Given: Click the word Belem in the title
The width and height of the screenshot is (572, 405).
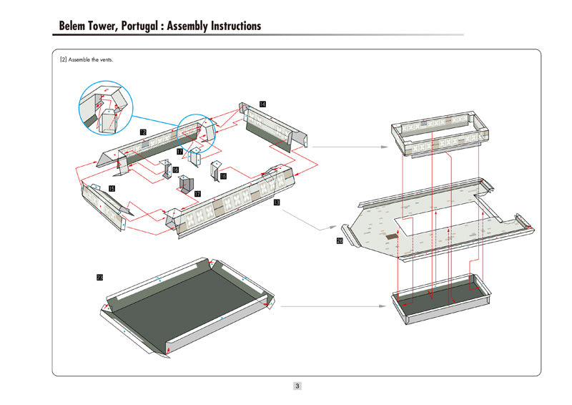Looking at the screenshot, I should pyautogui.click(x=75, y=26).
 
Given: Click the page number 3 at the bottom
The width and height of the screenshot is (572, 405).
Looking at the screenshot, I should pyautogui.click(x=297, y=386).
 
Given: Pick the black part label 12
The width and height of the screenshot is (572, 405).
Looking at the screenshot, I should pyautogui.click(x=143, y=132).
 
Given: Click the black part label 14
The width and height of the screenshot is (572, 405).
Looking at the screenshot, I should pyautogui.click(x=263, y=105).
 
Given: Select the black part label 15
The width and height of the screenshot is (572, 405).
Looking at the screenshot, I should pyautogui.click(x=112, y=188).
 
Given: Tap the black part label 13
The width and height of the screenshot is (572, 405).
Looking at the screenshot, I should pyautogui.click(x=276, y=202).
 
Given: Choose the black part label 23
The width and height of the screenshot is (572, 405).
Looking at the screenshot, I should pyautogui.click(x=99, y=276).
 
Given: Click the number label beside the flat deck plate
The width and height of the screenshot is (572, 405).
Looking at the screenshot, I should pyautogui.click(x=339, y=242).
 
